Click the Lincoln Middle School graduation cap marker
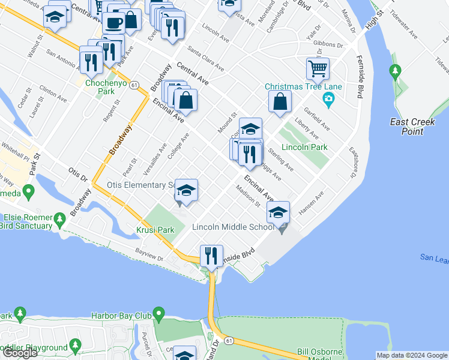[x=279, y=212]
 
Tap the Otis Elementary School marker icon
[x=187, y=191]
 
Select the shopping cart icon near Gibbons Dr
[x=318, y=68]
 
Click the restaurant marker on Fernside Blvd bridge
[x=211, y=256]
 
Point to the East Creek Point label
[x=412, y=126]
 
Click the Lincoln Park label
[x=303, y=147]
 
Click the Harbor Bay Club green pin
[x=158, y=314]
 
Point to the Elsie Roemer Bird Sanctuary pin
[x=59, y=221]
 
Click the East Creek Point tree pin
[x=395, y=73]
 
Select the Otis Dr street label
[x=78, y=175]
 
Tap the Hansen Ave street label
[x=312, y=203]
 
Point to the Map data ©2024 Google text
[x=411, y=355]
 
